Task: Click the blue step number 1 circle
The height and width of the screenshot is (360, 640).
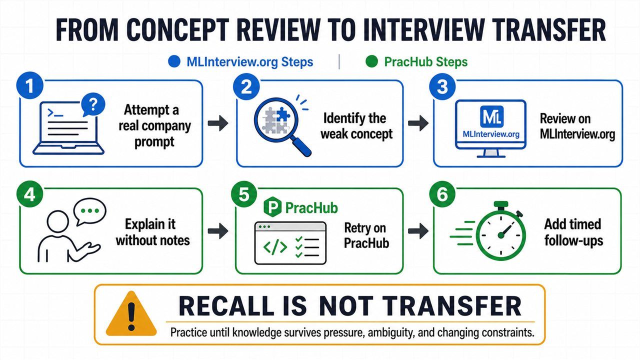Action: [x=29, y=85]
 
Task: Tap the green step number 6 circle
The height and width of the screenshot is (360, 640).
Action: [x=442, y=194]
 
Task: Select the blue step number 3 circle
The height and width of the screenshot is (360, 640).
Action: [x=442, y=86]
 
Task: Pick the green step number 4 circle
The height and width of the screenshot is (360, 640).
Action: [x=29, y=194]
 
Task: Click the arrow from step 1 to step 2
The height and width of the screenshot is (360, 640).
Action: [x=218, y=123]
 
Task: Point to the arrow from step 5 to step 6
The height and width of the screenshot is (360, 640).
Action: [x=418, y=231]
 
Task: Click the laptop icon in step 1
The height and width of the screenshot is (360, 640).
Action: [x=68, y=128]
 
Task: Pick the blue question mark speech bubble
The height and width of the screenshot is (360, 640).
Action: [x=93, y=104]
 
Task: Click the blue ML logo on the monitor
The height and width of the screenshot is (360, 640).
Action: [x=491, y=116]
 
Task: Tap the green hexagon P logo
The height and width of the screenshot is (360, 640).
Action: [x=272, y=207]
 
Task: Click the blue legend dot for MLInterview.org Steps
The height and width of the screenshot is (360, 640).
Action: [x=174, y=61]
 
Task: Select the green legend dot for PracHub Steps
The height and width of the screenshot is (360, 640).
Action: [x=371, y=61]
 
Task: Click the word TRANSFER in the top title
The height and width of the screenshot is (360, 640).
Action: [x=548, y=30]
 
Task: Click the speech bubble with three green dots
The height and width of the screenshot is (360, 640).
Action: [x=89, y=211]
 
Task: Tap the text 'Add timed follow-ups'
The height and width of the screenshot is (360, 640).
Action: [x=573, y=232]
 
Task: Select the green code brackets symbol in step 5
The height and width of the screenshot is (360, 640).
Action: [x=275, y=247]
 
